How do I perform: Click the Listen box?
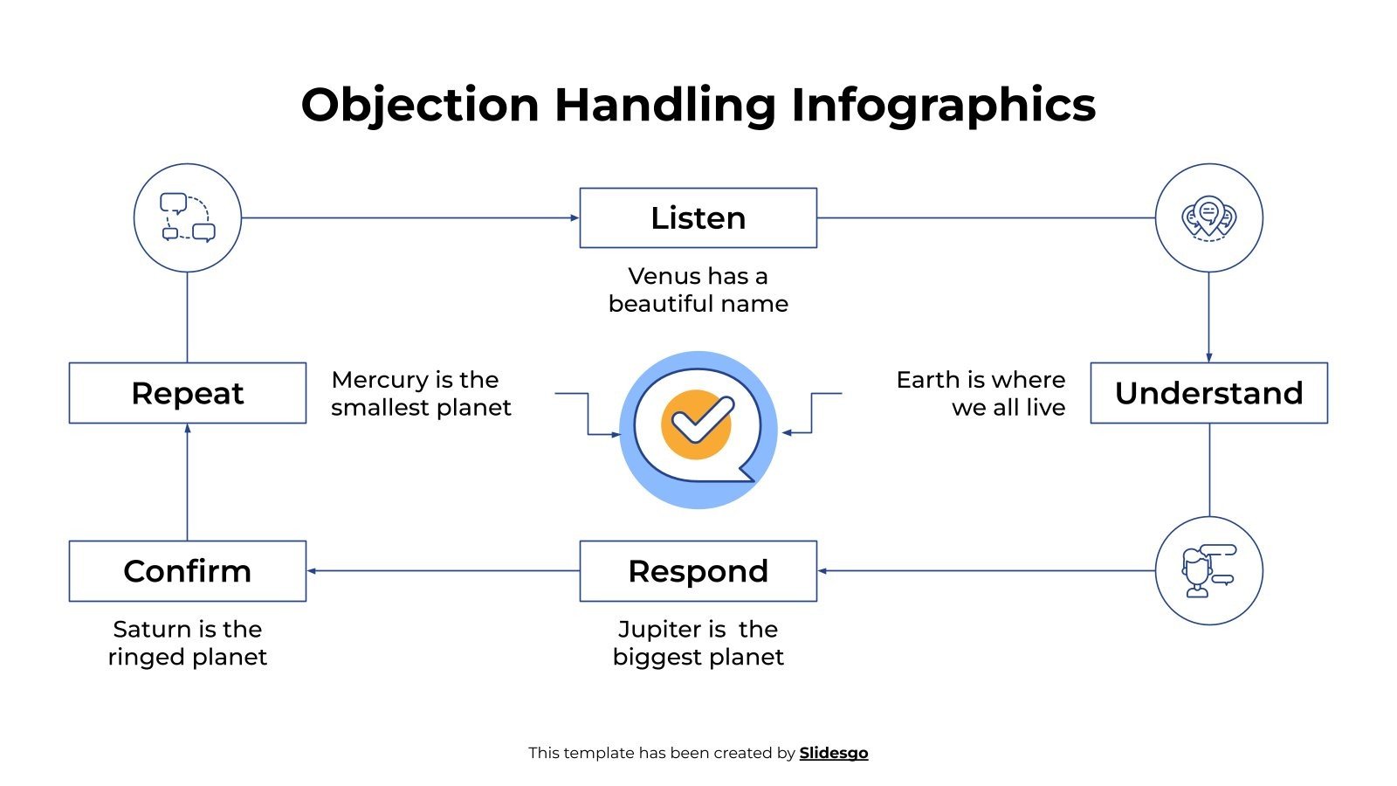tap(698, 217)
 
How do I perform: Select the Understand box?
tap(1208, 393)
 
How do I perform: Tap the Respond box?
tap(698, 571)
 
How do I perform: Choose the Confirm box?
tap(187, 571)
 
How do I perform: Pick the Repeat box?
tap(187, 393)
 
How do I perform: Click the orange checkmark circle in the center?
tap(697, 424)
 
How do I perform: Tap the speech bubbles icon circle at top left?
tap(187, 217)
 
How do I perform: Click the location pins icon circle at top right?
tap(1208, 217)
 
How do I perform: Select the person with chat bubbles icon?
tap(1208, 571)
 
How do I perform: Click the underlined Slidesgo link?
tap(833, 753)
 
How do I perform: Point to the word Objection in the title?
tap(420, 105)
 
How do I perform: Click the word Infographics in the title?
tap(943, 105)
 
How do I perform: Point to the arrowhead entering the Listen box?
tap(575, 217)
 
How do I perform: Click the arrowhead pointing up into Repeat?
tap(187, 429)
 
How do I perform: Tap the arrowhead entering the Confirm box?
tap(312, 571)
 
